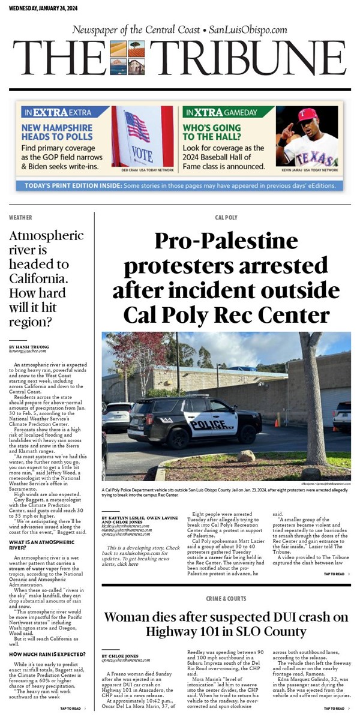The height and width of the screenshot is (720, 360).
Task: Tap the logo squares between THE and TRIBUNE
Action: [128, 58]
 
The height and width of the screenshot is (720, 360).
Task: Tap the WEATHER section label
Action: [21, 217]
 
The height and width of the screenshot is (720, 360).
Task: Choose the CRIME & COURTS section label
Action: [226, 599]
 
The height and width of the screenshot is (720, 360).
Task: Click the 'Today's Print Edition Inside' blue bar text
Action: [180, 185]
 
